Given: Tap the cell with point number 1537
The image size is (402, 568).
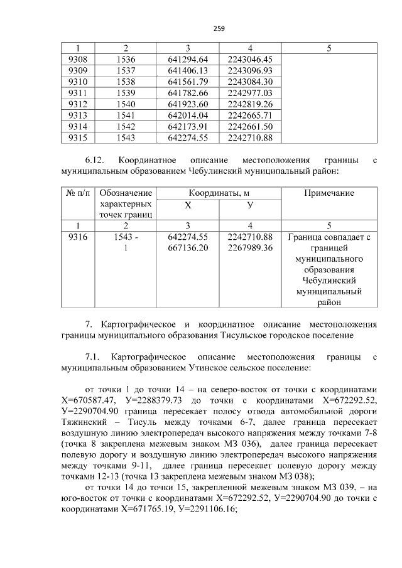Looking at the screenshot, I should click(x=126, y=70).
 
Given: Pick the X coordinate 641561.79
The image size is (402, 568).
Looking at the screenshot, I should click(x=188, y=82).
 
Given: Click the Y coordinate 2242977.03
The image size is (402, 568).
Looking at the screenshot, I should click(x=250, y=93).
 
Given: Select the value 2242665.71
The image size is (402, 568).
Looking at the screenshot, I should click(x=250, y=115).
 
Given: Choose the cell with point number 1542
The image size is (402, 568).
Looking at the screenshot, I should click(x=126, y=127).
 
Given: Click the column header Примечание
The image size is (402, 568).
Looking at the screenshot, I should click(x=329, y=193).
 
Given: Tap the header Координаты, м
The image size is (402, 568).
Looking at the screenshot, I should click(x=219, y=193).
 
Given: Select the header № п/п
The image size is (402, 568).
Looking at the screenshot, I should click(x=77, y=193).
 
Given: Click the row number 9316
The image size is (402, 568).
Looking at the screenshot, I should click(x=77, y=237).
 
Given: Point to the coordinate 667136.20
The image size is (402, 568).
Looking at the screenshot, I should click(x=188, y=249).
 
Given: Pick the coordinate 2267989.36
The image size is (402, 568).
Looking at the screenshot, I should click(x=250, y=249).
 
